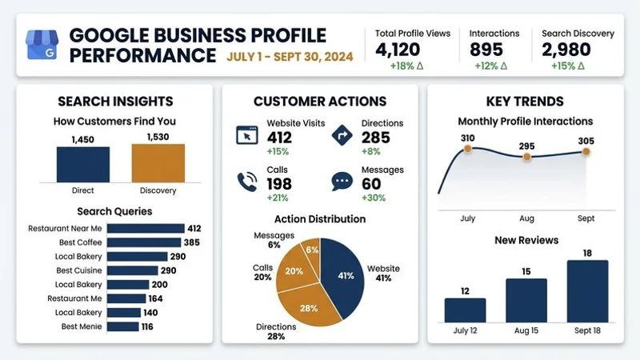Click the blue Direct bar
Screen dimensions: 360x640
pos(83,164)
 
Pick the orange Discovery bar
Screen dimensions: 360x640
pos(158,163)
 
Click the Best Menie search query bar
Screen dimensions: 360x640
pos(122,326)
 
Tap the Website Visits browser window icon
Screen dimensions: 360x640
pos(248,134)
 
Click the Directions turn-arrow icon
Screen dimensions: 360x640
pos(343,134)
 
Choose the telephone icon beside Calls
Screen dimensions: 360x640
pos(247,181)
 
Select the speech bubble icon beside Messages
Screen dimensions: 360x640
pos(343,181)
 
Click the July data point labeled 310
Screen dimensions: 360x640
pos(468,150)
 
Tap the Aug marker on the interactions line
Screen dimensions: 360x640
pos(526,157)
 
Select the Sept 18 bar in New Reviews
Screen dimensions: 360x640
pos(587,290)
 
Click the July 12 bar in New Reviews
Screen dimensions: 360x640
pos(465,310)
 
